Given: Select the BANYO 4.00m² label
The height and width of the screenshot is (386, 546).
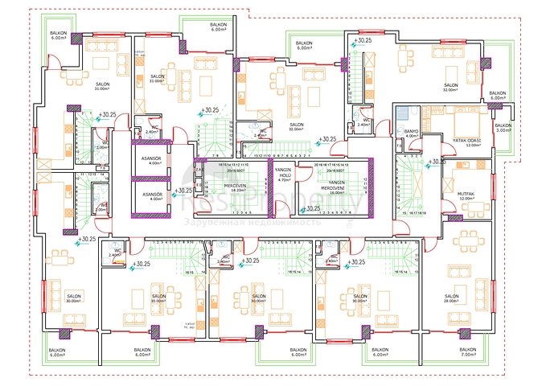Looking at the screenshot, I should click(411, 133).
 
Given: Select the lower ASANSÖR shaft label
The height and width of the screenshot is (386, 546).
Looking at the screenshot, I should click(152, 197).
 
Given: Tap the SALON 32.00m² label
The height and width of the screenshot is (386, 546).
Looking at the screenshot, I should click(450, 87).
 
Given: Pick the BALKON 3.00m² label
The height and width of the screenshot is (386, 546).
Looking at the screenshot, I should click(503, 128).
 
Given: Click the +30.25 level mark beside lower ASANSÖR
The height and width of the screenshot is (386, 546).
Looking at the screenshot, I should click(184, 191).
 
